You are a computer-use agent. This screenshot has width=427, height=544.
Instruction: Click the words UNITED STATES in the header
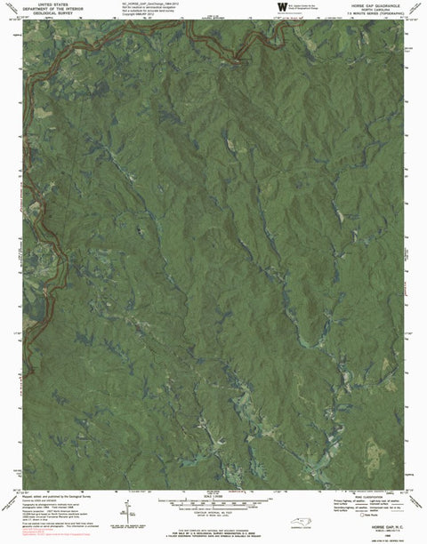[36, 4]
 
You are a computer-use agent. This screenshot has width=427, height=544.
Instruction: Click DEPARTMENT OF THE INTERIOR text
[36, 9]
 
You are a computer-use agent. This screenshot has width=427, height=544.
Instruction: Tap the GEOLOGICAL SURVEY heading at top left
[36, 14]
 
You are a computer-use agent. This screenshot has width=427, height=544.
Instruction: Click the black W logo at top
[283, 8]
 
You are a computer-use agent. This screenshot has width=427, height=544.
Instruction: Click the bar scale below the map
[213, 504]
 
